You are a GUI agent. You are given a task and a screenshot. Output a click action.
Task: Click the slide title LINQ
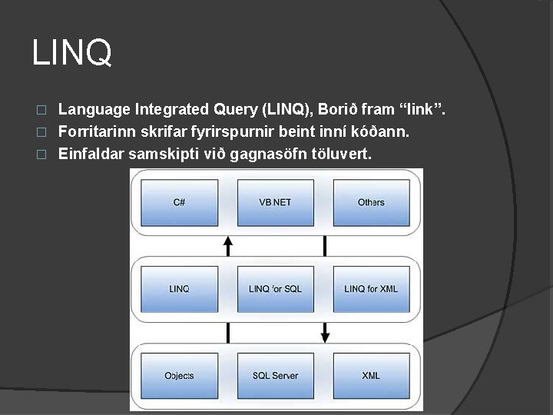72,53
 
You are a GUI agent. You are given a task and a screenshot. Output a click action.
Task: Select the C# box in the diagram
179,202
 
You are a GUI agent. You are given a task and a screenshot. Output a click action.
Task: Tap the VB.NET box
274,202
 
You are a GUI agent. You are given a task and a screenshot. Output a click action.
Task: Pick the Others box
371,202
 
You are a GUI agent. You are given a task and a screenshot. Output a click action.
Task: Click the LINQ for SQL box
274,288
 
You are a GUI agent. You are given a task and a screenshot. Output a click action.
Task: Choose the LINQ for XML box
371,288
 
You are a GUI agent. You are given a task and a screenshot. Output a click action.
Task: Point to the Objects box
179,375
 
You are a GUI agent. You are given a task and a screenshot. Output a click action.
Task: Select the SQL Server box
274,375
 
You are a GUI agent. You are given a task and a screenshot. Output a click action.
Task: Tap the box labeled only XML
371,375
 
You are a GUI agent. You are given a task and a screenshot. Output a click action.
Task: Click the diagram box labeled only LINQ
179,288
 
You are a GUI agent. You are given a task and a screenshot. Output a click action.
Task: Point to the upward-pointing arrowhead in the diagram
227,241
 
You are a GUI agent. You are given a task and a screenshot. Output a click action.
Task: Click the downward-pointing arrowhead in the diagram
325,336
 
